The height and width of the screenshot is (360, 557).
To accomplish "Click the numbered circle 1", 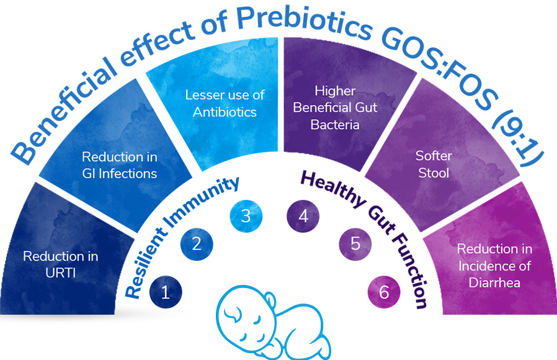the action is [x=166, y=292].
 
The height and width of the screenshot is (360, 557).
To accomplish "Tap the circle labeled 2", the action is [x=197, y=244].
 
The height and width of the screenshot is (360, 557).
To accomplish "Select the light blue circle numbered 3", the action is [x=246, y=216].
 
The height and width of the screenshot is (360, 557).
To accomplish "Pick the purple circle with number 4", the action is [x=303, y=216].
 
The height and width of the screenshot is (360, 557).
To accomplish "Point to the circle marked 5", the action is [x=355, y=244].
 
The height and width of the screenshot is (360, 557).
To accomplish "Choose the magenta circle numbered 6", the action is [x=384, y=292].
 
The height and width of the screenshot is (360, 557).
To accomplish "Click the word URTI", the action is [x=60, y=273].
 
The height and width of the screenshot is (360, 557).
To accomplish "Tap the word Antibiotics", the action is [x=225, y=112].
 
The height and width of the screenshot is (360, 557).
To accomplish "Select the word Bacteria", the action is [x=335, y=125].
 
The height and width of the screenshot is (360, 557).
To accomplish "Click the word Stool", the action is [x=434, y=173].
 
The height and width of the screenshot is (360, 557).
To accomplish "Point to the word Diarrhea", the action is [x=494, y=282].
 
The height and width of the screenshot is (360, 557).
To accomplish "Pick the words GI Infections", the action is [x=119, y=173].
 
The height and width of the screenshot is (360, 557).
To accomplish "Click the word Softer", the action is [x=434, y=156].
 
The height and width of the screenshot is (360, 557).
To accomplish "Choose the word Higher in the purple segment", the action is [x=335, y=91].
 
